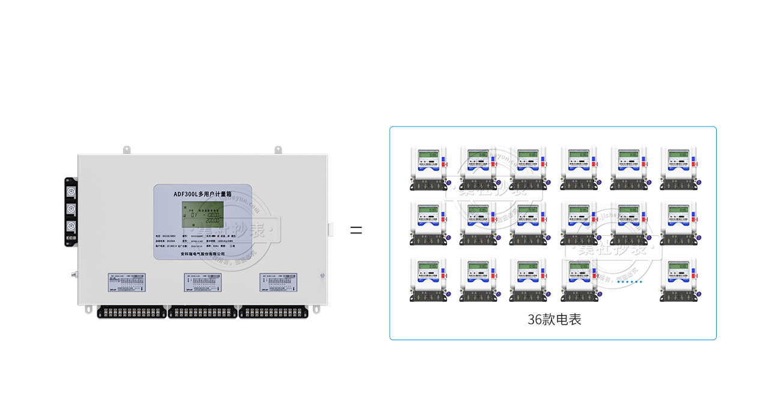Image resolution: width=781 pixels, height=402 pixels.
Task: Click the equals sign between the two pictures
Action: (x=356, y=230)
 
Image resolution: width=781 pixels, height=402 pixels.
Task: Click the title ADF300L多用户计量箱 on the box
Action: (x=199, y=194)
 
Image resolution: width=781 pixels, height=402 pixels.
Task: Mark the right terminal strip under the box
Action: (x=273, y=312)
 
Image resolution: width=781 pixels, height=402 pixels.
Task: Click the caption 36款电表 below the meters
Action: (x=554, y=319)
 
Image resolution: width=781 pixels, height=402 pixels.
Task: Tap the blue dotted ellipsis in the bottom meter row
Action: (x=629, y=281)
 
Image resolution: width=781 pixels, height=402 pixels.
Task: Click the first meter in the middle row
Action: (x=428, y=222)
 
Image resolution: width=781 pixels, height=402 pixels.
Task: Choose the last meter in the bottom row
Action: (x=679, y=279)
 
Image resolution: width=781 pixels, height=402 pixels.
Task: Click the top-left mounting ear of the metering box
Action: (x=128, y=149)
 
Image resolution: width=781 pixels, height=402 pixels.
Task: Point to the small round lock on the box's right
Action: (x=323, y=277)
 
